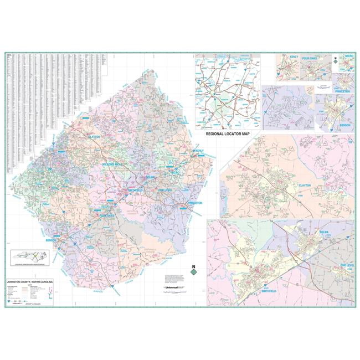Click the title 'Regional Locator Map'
tap(228, 133)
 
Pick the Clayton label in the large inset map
tap(305, 186)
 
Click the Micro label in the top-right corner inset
tap(348, 56)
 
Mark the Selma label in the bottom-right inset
tap(324, 231)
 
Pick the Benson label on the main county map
tap(52, 240)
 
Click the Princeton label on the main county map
tap(194, 203)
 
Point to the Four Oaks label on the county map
tap(109, 216)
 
